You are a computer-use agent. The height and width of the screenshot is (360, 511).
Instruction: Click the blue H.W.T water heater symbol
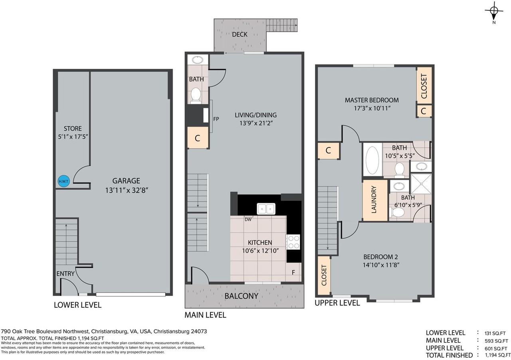click(x=63, y=181)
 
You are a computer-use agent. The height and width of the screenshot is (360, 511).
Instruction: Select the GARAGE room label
click(x=126, y=181)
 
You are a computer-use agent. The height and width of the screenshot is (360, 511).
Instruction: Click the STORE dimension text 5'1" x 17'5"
click(x=73, y=137)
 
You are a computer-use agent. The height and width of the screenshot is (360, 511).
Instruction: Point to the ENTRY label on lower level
click(x=65, y=274)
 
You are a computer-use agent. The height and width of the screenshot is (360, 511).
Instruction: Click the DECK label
click(x=240, y=35)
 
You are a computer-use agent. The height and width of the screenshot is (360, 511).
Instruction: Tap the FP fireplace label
click(x=216, y=119)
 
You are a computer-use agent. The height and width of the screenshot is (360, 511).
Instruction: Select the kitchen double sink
click(x=266, y=209)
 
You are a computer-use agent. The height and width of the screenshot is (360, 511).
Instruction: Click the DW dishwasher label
click(x=248, y=219)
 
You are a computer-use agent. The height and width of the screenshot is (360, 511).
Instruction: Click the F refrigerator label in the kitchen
click(x=293, y=273)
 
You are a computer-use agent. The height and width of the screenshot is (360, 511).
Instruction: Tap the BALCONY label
click(x=241, y=296)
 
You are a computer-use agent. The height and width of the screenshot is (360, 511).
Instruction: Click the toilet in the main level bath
click(x=196, y=95)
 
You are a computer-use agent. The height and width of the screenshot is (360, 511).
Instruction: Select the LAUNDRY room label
click(x=374, y=199)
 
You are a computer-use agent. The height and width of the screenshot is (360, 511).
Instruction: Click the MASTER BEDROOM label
click(x=372, y=100)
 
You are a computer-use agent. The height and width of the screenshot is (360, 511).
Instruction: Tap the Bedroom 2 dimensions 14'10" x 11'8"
click(x=381, y=265)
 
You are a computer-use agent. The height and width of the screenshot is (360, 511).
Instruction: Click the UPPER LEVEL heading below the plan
click(x=337, y=303)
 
